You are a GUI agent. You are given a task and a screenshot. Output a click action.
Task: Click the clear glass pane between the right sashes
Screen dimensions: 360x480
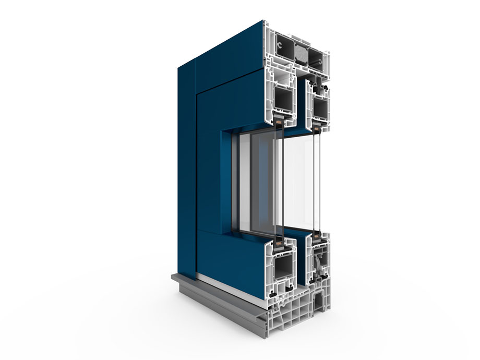pyautogui.click(x=300, y=183)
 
